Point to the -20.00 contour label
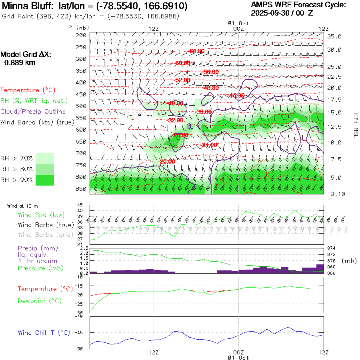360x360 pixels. (167, 162)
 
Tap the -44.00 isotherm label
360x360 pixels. (237, 95)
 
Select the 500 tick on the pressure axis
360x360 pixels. (82, 106)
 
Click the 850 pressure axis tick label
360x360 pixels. (82, 189)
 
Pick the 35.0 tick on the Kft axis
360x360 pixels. (334, 36)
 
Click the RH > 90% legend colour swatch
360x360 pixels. (45, 180)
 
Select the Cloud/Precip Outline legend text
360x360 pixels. (33, 112)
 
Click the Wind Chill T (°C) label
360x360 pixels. (44, 332)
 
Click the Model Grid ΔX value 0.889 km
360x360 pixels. (20, 63)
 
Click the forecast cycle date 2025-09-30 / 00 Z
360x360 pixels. (282, 13)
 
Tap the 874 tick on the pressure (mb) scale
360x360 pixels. (332, 248)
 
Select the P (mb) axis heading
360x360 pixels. (79, 28)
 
